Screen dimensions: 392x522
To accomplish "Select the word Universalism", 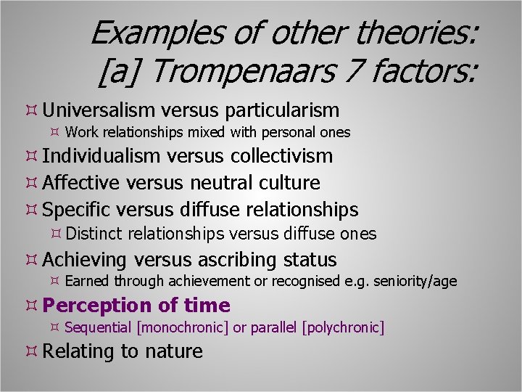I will coord(99,110).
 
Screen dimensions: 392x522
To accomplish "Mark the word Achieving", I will coord(85,260).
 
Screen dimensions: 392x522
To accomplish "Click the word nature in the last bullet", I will coord(174,351).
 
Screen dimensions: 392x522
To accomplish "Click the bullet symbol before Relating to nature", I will coord(31,351).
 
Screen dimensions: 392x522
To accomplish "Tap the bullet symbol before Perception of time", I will coord(31,306).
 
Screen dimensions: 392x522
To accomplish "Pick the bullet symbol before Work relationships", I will coord(54,132).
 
